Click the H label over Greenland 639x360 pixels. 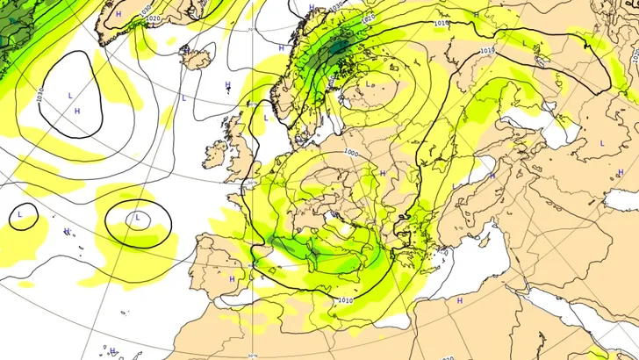[118, 15]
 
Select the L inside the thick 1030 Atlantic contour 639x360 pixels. [69, 94]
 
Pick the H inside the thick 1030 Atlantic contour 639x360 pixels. [77, 111]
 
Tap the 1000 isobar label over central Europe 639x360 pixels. [351, 153]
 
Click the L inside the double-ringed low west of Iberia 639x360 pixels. [137, 217]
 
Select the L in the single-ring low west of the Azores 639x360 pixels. [20, 213]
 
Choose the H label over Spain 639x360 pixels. [232, 278]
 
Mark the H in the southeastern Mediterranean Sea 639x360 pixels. [459, 300]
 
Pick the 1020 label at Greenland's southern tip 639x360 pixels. [154, 18]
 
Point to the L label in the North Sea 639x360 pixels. [265, 117]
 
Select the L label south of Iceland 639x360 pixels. [184, 97]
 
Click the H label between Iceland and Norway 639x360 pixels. [227, 86]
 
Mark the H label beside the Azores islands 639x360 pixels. [67, 232]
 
